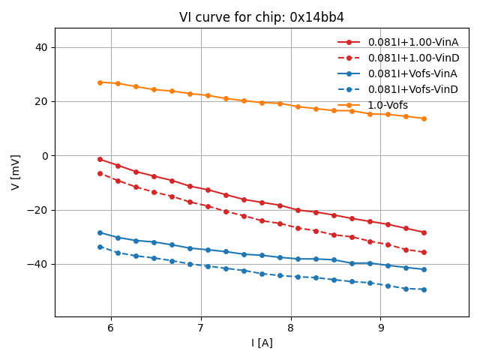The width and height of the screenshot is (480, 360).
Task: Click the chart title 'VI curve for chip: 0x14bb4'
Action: click(262, 17)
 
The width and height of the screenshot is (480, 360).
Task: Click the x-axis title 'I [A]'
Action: click(262, 343)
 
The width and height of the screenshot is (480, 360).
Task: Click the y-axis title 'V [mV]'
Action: click(16, 172)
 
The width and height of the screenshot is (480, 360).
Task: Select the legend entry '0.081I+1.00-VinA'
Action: click(413, 42)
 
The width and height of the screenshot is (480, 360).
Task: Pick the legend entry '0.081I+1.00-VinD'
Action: click(413, 58)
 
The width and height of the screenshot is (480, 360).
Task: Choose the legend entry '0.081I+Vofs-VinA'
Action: click(412, 73)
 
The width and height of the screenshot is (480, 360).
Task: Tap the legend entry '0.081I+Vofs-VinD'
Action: click(412, 89)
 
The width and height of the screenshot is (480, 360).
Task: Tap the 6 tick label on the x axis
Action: click(111, 328)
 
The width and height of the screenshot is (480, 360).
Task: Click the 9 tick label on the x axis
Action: click(381, 328)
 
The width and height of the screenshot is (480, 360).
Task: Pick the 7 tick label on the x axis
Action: click(201, 328)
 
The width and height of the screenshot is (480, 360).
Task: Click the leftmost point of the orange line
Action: click(100, 82)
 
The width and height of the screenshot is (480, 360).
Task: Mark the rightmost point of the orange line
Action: click(424, 118)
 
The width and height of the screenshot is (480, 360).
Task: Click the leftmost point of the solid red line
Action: click(100, 159)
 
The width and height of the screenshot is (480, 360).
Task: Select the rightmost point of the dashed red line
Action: click(424, 252)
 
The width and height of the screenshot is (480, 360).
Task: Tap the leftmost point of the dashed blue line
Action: click(100, 247)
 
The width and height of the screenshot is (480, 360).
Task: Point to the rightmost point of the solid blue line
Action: click(424, 269)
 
